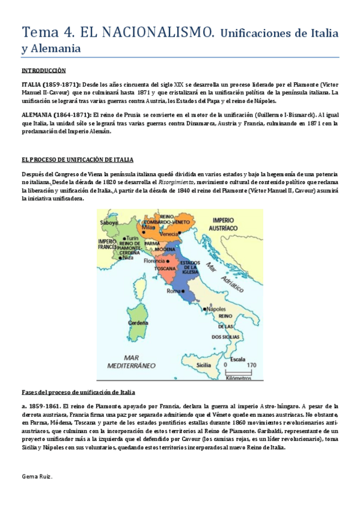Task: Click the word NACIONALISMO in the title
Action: coord(157,31)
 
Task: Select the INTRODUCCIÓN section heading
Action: coord(43,71)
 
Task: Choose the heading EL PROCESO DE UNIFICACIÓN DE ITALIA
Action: coord(77,159)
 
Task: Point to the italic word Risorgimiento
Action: coord(175,182)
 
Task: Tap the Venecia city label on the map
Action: coord(169,233)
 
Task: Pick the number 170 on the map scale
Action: coord(251,364)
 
